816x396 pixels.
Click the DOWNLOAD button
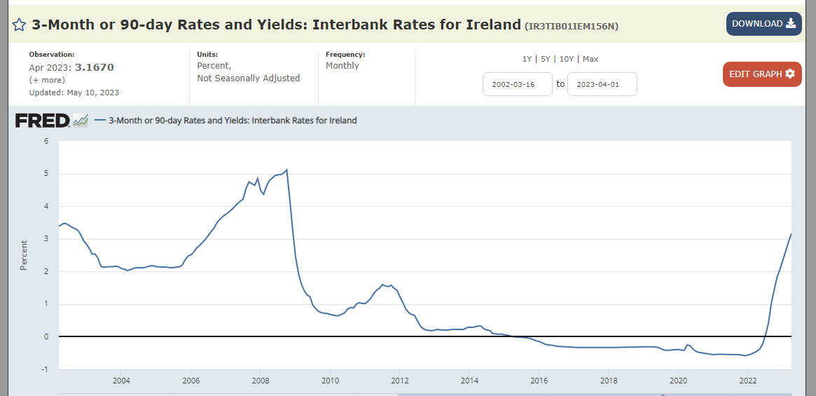pyautogui.click(x=764, y=24)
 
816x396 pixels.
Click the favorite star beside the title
pyautogui.click(x=19, y=25)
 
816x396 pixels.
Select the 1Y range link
pyautogui.click(x=527, y=59)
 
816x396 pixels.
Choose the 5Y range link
pyautogui.click(x=546, y=59)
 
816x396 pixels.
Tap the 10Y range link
pyautogui.click(x=566, y=59)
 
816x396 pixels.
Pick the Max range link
pyautogui.click(x=590, y=59)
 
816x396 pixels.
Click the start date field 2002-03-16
pyautogui.click(x=518, y=84)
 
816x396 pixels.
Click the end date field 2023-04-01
pyautogui.click(x=602, y=84)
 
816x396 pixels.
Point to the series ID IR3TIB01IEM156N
pyautogui.click(x=572, y=26)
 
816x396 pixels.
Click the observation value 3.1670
pyautogui.click(x=94, y=67)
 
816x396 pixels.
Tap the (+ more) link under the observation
pyautogui.click(x=47, y=80)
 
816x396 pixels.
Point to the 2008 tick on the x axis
pyautogui.click(x=260, y=379)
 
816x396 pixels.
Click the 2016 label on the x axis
pyautogui.click(x=539, y=379)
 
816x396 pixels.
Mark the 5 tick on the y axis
pyautogui.click(x=46, y=174)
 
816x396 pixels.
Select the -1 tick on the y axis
pyautogui.click(x=45, y=369)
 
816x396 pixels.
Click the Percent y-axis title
pyautogui.click(x=23, y=255)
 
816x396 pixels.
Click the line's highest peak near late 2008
pyautogui.click(x=286, y=170)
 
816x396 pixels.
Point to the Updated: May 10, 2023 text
pyautogui.click(x=74, y=93)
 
